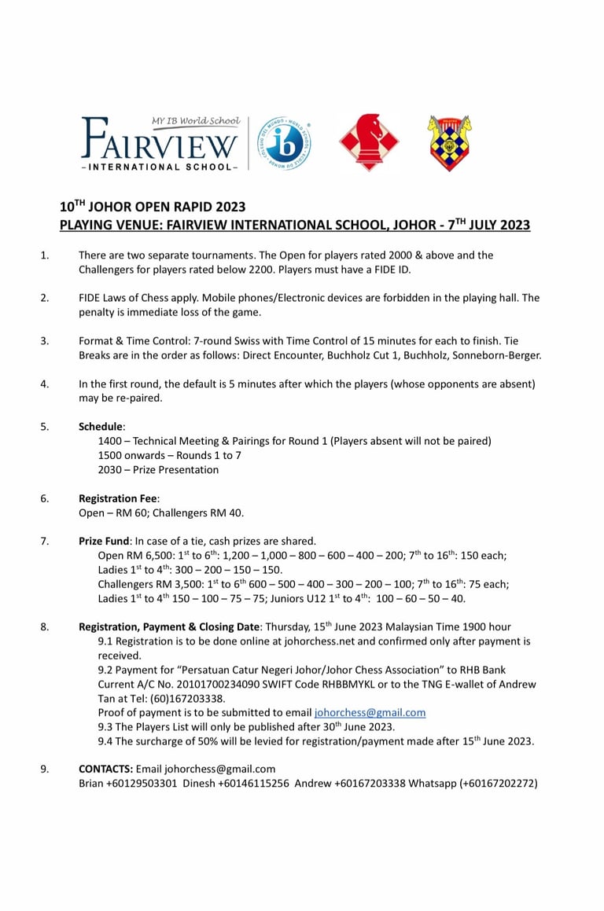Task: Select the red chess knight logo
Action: pyautogui.click(x=369, y=143)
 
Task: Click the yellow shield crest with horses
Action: pyautogui.click(x=449, y=143)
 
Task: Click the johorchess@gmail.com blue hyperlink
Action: pyautogui.click(x=370, y=713)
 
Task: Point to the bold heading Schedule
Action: pyautogui.click(x=101, y=427)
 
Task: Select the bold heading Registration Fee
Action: pyautogui.click(x=119, y=498)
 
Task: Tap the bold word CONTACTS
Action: pyautogui.click(x=105, y=769)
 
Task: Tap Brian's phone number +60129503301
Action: pyautogui.click(x=142, y=783)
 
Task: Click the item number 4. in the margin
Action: pyautogui.click(x=45, y=384)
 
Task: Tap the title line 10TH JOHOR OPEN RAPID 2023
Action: pyautogui.click(x=153, y=208)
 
